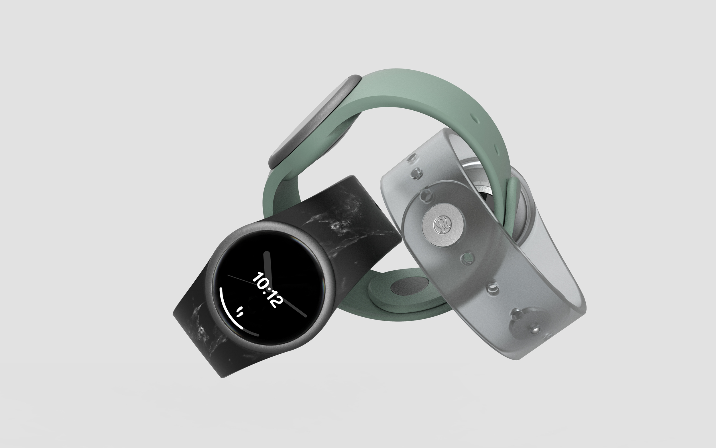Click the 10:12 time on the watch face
tap(267, 290)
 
